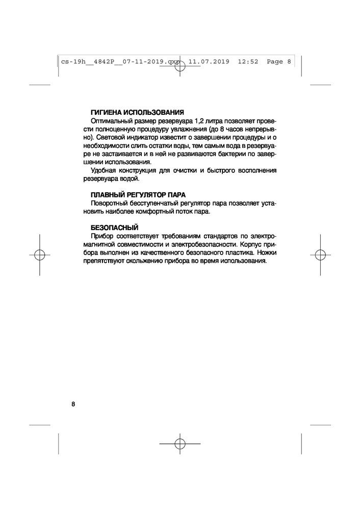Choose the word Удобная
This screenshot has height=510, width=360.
point(103,171)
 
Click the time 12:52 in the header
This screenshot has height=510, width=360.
point(248,62)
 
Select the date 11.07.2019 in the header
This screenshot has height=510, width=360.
point(209,62)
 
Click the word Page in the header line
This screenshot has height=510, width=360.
point(275,62)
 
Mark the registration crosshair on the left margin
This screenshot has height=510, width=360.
point(40,254)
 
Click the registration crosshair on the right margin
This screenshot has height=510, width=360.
point(320,254)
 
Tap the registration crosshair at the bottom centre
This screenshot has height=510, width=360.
point(179,443)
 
